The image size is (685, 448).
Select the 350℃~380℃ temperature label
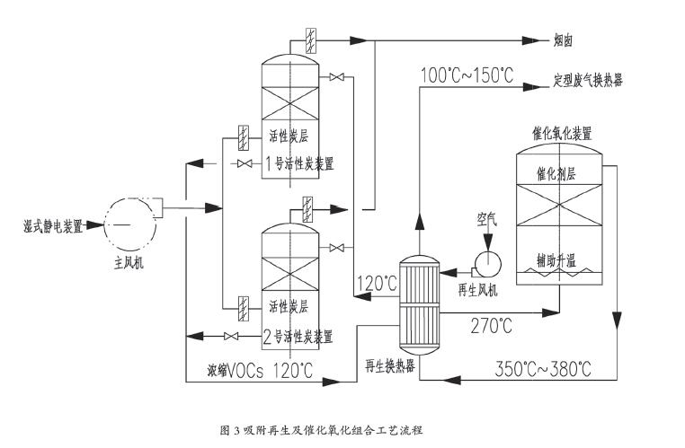pyautogui.click(x=544, y=368)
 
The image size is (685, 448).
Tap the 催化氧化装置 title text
pyautogui.click(x=561, y=133)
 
